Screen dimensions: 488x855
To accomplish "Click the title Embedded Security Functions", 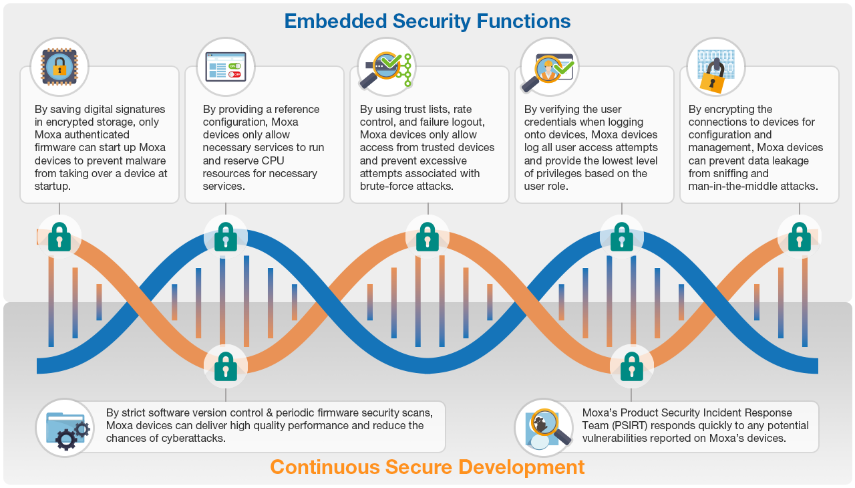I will (x=427, y=21).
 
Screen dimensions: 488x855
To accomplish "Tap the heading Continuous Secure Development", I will (x=427, y=467).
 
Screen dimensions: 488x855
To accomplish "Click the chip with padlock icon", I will (x=59, y=66).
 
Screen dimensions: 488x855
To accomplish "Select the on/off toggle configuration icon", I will (x=225, y=66).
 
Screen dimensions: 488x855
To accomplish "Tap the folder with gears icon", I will (x=65, y=428).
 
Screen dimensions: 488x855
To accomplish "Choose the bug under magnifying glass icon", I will (x=545, y=428).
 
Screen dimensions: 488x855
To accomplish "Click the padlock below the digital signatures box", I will (x=59, y=236).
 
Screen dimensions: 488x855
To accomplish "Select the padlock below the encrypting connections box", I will (x=799, y=236).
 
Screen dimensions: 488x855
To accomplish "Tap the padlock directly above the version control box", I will (x=225, y=366).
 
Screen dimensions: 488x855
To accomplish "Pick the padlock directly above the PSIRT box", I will (x=631, y=366).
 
